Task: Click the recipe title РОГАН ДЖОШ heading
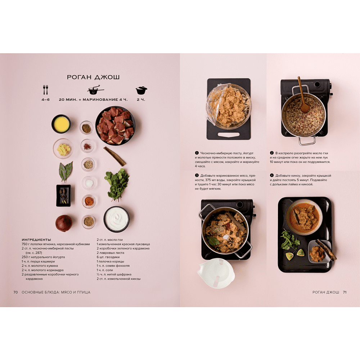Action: click(x=93, y=77)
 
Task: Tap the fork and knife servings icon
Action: click(x=46, y=90)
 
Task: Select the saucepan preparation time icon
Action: click(x=95, y=90)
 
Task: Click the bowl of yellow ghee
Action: click(x=61, y=124)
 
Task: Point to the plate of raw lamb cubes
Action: click(x=115, y=126)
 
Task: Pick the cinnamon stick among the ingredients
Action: click(x=114, y=156)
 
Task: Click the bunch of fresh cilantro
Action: click(x=117, y=185)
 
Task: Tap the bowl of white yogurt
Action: click(x=116, y=219)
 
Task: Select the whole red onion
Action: click(x=64, y=223)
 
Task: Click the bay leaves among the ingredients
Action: click(x=66, y=171)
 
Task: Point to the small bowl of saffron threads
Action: click(x=87, y=146)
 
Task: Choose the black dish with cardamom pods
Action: click(x=63, y=195)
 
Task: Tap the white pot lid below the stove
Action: click(x=216, y=273)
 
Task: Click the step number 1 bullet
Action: click(x=197, y=153)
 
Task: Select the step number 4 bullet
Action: click(x=272, y=175)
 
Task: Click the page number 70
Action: click(x=15, y=292)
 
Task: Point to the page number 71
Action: click(x=345, y=292)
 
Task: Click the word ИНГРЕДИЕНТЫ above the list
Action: click(x=36, y=240)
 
